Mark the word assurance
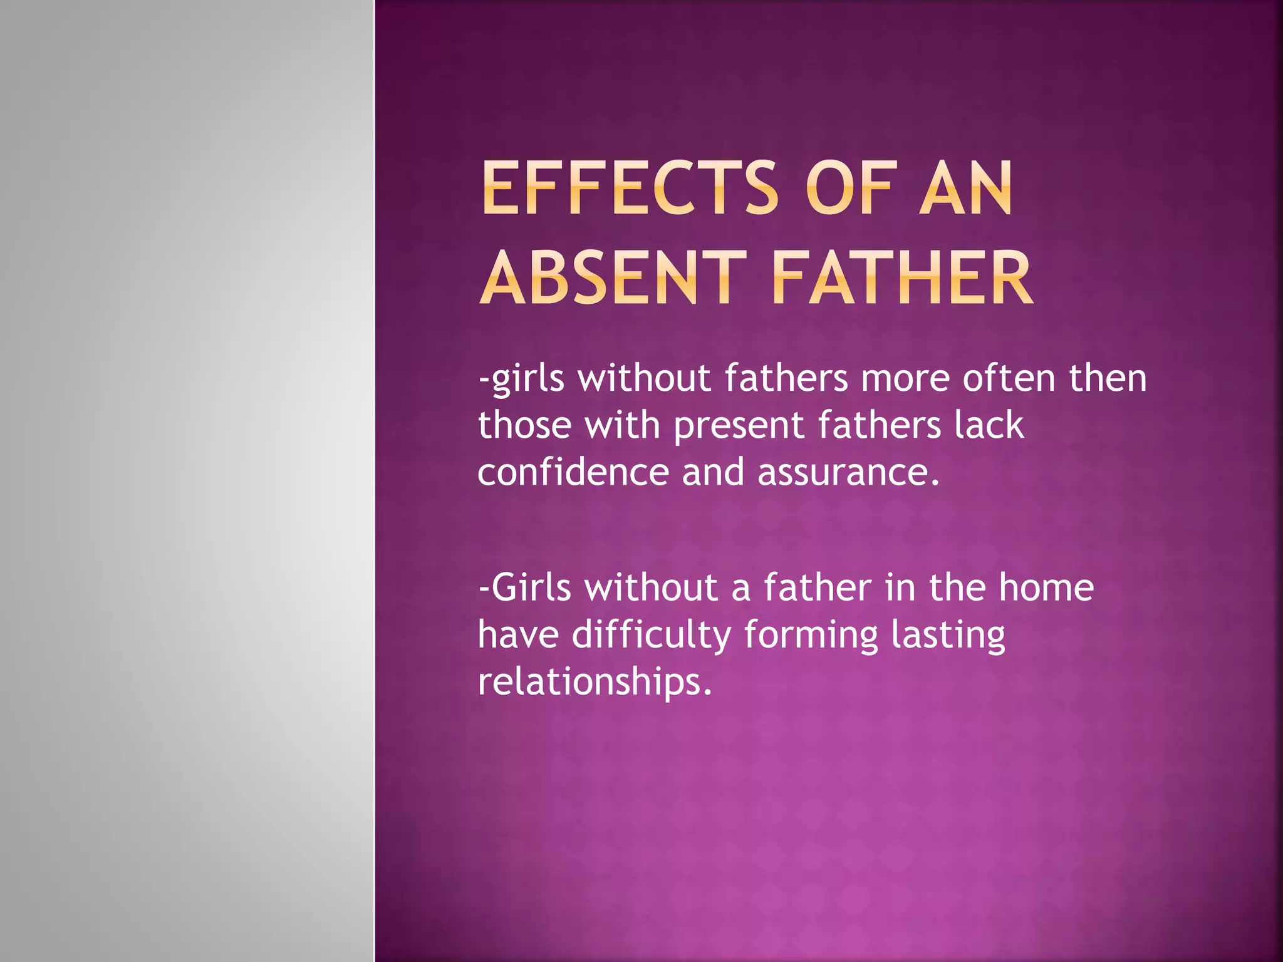pos(848,473)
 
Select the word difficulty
pos(652,635)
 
